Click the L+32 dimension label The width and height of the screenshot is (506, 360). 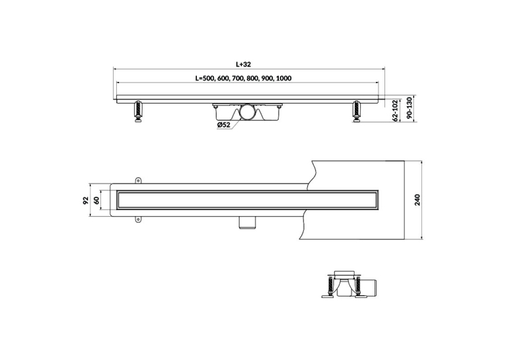pos(243,65)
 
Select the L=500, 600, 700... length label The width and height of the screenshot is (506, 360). pos(243,79)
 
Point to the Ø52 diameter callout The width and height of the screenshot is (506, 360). pos(224,125)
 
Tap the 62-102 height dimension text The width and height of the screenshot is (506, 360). pos(394,111)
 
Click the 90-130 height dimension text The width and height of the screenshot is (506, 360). pos(410,108)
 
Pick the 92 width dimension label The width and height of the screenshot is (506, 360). pos(86,200)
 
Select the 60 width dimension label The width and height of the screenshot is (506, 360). pos(96,200)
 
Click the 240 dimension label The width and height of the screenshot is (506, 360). pos(417,200)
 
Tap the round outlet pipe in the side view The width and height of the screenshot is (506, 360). pos(248,112)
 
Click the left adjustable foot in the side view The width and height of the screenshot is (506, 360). pos(139,112)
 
